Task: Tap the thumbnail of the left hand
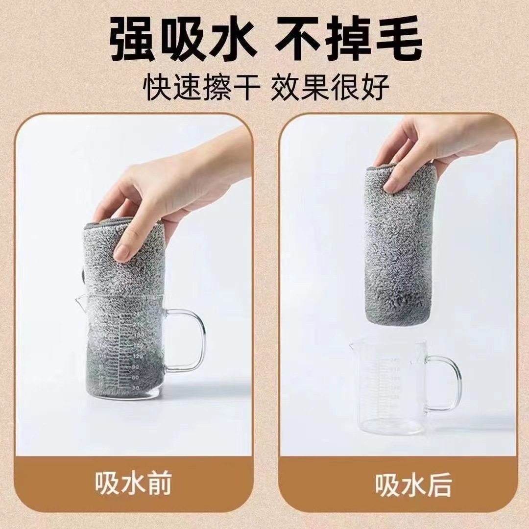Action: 122,253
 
